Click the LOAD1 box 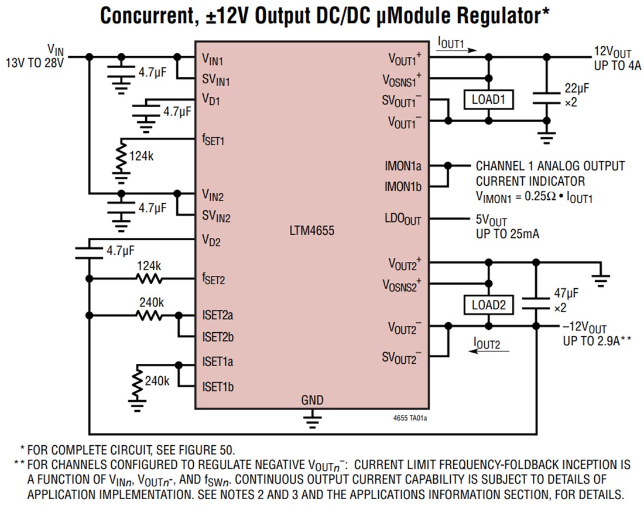(x=488, y=100)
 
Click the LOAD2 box (x=488, y=305)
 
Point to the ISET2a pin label (x=218, y=315)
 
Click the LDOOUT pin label (x=403, y=220)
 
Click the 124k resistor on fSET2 (x=149, y=279)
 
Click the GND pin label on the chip (x=312, y=400)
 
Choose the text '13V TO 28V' (x=35, y=61)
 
